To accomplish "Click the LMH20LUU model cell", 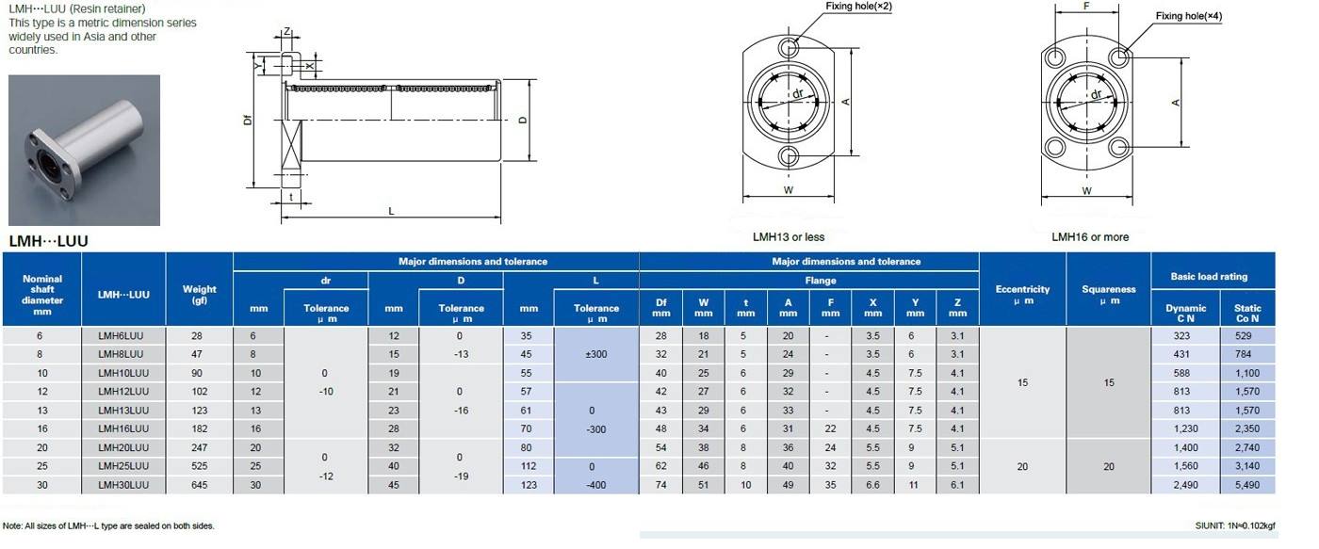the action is [123, 448].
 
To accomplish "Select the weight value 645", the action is [199, 485].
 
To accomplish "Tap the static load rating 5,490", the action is [1247, 485].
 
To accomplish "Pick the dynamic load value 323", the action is [1181, 336].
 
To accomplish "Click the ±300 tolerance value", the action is [595, 354].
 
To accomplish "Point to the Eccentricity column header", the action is [1022, 295].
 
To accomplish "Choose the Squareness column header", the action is [1108, 295].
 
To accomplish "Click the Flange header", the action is [821, 281].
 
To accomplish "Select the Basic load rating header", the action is [1209, 277].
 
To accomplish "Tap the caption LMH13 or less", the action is [789, 237].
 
